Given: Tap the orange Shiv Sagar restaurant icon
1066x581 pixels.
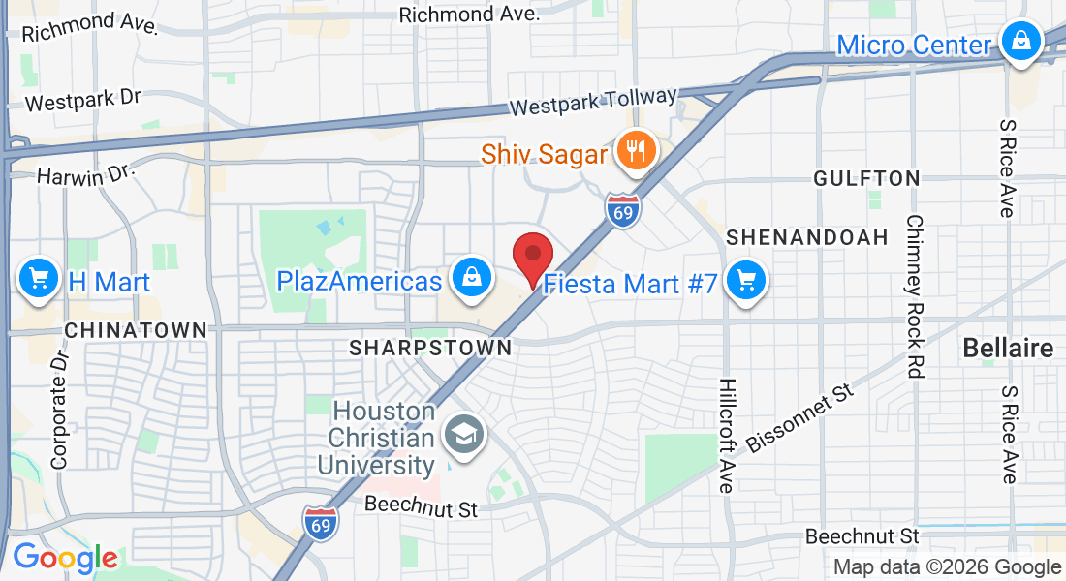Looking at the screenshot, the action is (x=636, y=150).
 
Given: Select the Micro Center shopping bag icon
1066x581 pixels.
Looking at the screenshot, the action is (x=1020, y=42).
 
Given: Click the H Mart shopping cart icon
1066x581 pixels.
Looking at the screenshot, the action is (x=39, y=280).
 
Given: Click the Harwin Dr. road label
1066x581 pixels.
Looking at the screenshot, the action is (x=83, y=175).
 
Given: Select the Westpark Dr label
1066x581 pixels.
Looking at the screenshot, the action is (x=83, y=99).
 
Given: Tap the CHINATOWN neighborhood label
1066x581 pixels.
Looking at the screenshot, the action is (x=136, y=330).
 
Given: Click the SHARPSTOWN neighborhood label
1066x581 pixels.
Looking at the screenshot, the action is (x=430, y=347).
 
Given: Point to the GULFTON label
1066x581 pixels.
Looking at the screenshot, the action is (x=866, y=178).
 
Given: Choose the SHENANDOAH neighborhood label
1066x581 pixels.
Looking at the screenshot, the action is (x=807, y=237).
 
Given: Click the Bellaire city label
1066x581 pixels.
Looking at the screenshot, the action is (x=1008, y=349).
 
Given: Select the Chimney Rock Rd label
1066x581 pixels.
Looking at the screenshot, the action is (x=914, y=295).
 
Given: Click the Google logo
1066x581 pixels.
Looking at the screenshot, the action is (x=65, y=558).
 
